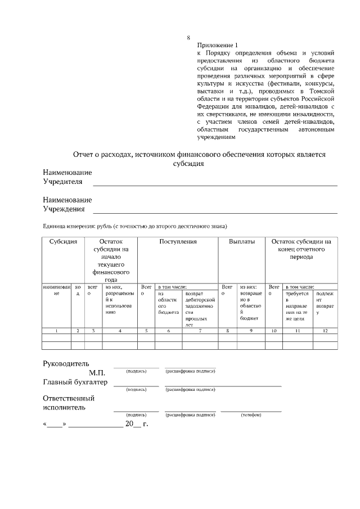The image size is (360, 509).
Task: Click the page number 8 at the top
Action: tap(188, 38)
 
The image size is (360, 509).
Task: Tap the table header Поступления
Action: tap(178, 242)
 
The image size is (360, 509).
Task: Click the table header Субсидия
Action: tap(63, 242)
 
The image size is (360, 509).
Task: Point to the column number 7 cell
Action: tap(200, 331)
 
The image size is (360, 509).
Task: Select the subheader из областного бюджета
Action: tap(168, 303)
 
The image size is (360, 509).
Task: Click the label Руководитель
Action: tap(66, 363)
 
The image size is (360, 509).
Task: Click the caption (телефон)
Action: tap(251, 415)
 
